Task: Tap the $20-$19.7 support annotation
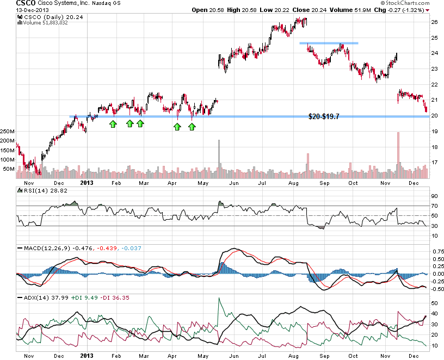324,116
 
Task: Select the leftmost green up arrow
113,125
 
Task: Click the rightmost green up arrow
192,127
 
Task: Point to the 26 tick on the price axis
434,22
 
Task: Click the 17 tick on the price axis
434,162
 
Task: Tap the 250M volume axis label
8,132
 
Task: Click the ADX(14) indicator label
33,297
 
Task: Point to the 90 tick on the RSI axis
434,196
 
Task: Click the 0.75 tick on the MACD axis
436,252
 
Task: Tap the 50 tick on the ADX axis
434,303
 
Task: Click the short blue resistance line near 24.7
329,43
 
